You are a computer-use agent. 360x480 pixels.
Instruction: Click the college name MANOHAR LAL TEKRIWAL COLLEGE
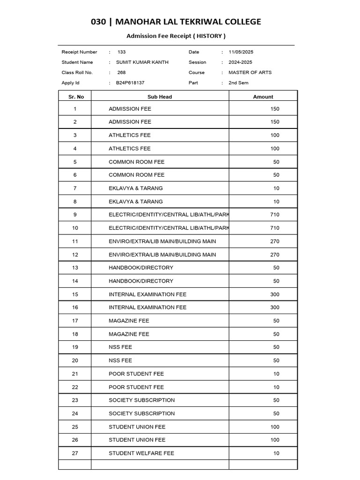[x=188, y=22]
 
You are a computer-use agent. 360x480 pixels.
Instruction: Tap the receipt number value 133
[x=121, y=52]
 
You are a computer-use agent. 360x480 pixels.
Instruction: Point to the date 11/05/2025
[x=241, y=52]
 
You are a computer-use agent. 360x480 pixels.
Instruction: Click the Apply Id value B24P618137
[x=130, y=83]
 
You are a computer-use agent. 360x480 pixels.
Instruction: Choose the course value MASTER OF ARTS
[x=250, y=73]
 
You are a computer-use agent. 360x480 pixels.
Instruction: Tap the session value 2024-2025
[x=240, y=62]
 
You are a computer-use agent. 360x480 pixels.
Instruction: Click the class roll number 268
[x=121, y=73]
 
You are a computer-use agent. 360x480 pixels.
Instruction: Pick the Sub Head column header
[x=160, y=97]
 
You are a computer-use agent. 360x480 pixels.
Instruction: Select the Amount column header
[x=263, y=97]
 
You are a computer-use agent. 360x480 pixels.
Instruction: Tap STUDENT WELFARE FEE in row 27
[x=141, y=453]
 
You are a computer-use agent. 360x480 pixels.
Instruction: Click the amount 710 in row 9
[x=275, y=215]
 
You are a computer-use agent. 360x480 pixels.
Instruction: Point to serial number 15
[x=75, y=294]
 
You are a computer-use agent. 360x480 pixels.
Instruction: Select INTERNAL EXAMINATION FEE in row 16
[x=147, y=307]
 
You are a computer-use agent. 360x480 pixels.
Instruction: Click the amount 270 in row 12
[x=275, y=255]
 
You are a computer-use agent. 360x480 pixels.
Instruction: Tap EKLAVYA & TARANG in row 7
[x=135, y=188]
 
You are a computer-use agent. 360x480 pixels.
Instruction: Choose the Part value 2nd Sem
[x=238, y=83]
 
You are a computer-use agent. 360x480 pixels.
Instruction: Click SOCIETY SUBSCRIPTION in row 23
[x=142, y=400]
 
